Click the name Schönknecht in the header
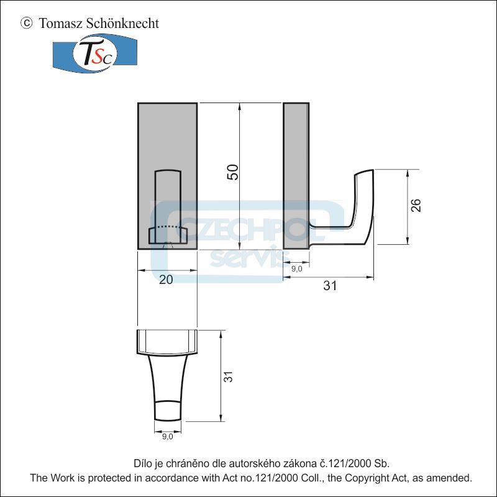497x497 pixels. [123, 24]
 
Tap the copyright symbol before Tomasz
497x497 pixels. [26, 24]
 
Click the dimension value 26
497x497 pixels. [416, 206]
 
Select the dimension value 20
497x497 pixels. [166, 280]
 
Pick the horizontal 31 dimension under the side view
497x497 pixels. [330, 286]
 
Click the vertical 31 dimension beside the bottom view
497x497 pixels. [228, 376]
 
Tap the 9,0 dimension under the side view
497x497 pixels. [296, 268]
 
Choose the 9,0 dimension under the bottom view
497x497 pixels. [168, 437]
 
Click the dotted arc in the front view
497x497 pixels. [168, 228]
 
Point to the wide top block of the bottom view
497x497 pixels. [167, 341]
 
